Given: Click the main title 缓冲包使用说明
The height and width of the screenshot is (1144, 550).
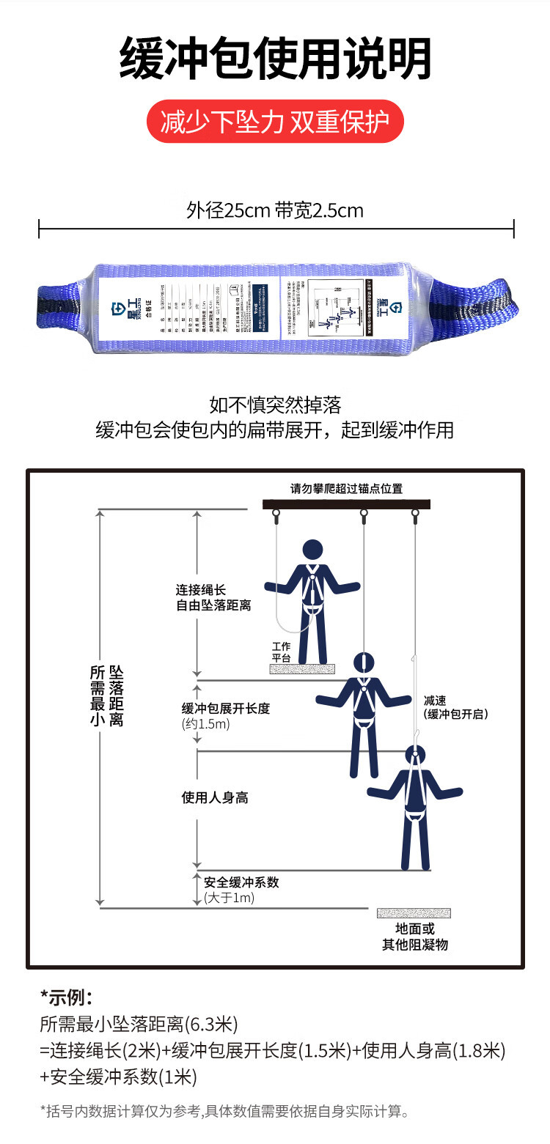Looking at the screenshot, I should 275,59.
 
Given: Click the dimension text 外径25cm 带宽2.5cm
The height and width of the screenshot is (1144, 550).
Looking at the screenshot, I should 275,211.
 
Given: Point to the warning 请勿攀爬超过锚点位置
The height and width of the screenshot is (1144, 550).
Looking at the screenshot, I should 346,489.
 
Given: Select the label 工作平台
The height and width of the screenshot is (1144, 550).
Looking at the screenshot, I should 282,652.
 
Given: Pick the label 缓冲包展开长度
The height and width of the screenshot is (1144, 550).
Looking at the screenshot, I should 226,709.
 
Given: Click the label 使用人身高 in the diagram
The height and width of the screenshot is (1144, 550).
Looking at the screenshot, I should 215,797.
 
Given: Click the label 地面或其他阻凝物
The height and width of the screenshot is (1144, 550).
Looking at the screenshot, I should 414,937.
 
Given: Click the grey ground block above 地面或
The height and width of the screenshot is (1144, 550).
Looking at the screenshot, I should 414,913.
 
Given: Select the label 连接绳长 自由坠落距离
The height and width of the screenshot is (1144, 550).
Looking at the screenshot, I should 213,597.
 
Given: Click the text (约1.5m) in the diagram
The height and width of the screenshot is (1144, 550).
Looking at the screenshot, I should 206,724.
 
